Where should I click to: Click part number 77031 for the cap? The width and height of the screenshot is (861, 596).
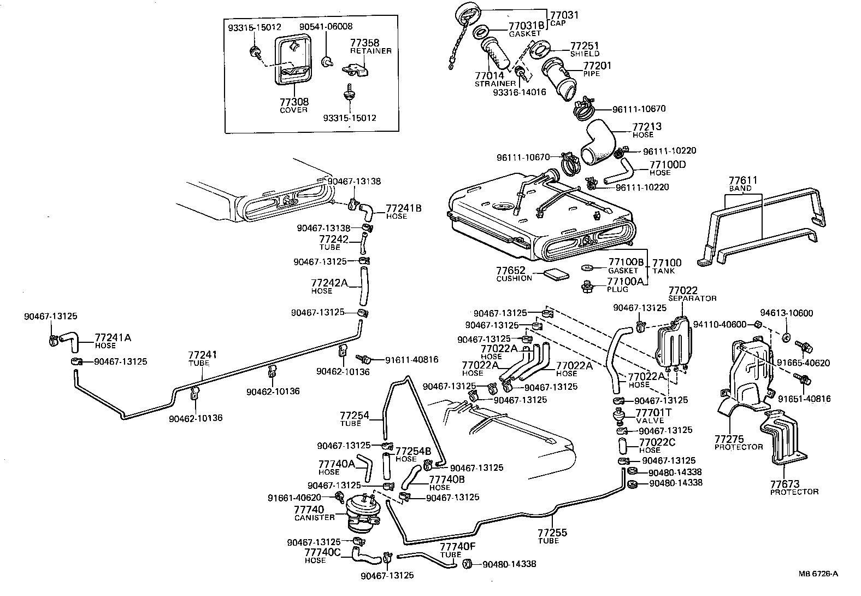(x=564, y=15)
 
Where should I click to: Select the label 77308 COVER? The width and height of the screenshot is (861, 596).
(x=294, y=105)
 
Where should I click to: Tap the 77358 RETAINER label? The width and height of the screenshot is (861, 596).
(x=370, y=46)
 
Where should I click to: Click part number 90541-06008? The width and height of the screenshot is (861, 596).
(x=326, y=27)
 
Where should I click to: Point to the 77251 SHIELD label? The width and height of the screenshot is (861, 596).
(x=585, y=49)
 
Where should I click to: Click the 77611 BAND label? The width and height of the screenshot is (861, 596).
(x=740, y=183)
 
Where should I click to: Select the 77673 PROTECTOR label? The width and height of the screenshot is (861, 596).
(x=794, y=487)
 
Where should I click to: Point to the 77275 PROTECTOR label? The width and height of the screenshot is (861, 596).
(x=738, y=442)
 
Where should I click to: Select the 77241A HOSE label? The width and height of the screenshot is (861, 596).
(x=113, y=341)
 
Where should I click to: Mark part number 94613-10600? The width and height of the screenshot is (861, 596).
(x=786, y=313)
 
